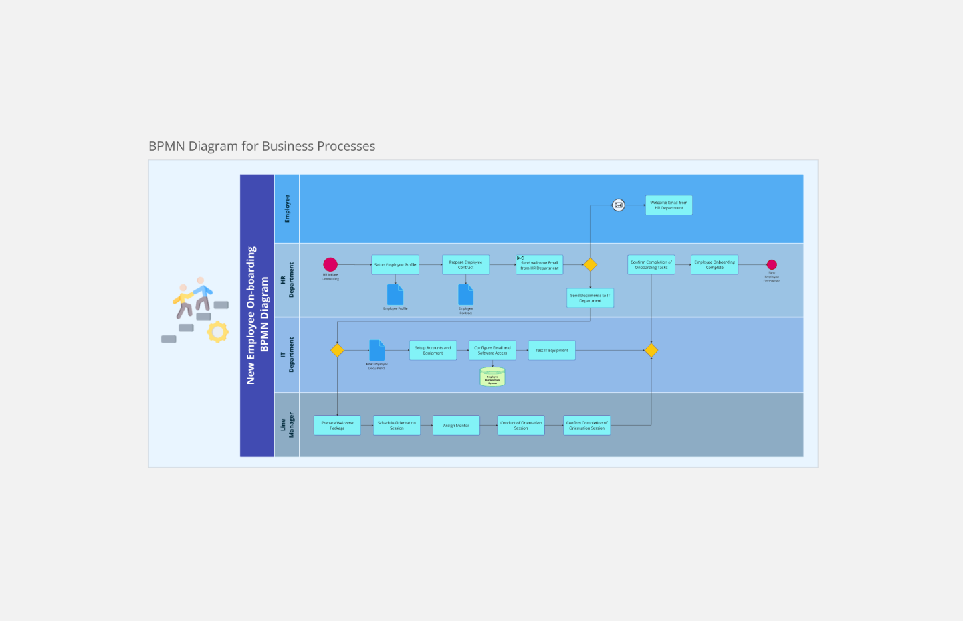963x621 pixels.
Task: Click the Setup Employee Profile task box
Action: [395, 265]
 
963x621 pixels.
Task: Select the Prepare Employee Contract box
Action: [465, 265]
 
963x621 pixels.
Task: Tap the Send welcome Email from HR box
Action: [540, 266]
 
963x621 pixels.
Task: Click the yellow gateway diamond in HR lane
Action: [590, 265]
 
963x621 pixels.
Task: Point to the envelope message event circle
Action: [619, 205]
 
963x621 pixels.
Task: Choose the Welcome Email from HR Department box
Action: [669, 205]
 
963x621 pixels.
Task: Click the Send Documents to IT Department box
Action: [590, 298]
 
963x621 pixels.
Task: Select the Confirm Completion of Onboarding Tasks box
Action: [651, 265]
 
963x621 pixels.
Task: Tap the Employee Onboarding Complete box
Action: [714, 265]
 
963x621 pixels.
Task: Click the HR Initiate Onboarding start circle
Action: [330, 264]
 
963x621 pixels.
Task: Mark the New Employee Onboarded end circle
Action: [772, 265]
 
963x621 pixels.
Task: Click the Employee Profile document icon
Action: [395, 294]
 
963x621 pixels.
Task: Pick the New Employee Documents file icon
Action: [377, 350]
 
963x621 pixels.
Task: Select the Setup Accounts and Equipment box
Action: [433, 351]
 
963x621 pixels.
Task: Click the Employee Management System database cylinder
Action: [492, 377]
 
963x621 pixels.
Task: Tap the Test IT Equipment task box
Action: [552, 351]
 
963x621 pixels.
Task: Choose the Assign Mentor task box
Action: [456, 426]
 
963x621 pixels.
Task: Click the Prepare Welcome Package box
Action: [337, 426]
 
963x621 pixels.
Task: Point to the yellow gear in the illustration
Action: [217, 332]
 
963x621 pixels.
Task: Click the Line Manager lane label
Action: [287, 425]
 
